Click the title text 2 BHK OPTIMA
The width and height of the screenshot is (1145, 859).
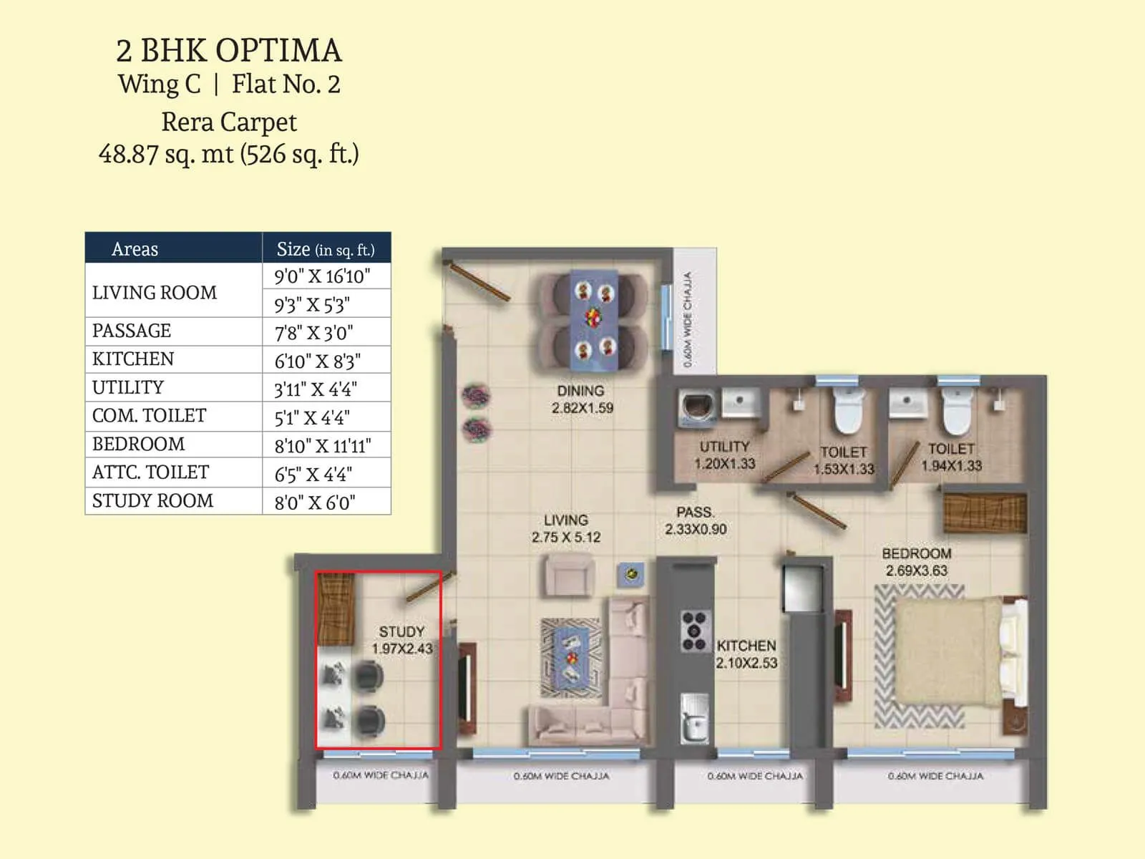[x=229, y=51]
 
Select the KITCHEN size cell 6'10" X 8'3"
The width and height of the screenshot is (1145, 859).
[x=317, y=361]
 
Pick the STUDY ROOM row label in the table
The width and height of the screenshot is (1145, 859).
[x=152, y=501]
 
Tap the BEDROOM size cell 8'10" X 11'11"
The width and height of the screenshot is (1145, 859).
[x=323, y=446]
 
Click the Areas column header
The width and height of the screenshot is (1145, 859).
[x=135, y=249]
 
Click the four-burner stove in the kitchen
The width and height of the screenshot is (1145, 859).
[x=693, y=631]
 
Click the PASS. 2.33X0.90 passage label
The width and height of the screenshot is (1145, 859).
[x=695, y=521]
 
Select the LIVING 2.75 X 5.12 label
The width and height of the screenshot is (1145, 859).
[x=566, y=529]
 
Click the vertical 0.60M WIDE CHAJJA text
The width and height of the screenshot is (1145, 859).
[x=688, y=319]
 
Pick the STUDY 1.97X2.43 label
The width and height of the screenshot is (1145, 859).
[x=401, y=640]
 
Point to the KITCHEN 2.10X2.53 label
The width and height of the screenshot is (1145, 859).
[x=746, y=654]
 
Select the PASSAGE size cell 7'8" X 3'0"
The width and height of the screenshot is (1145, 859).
[x=313, y=333]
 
